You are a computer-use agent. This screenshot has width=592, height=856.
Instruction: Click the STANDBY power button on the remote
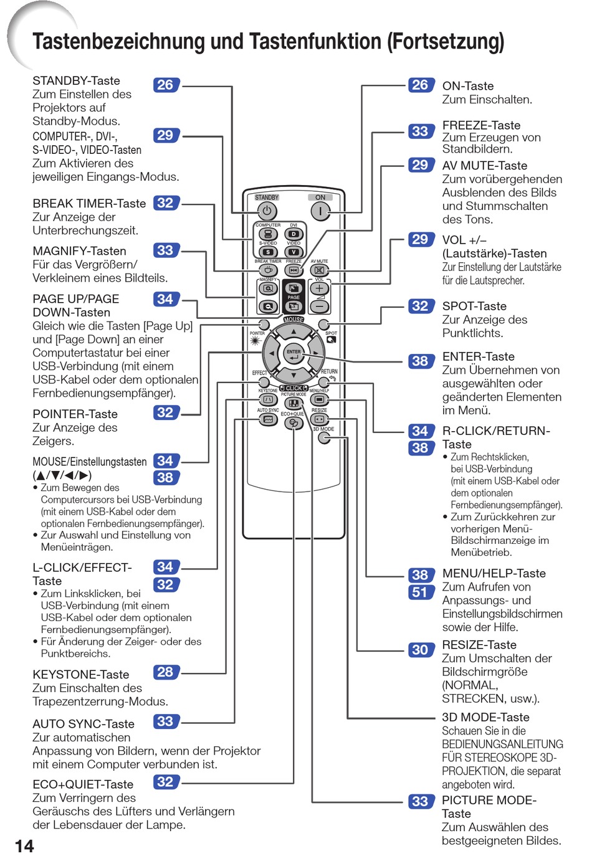click(267, 211)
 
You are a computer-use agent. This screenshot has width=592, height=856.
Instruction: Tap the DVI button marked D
click(294, 234)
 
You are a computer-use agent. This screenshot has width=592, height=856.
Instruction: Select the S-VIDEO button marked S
click(268, 252)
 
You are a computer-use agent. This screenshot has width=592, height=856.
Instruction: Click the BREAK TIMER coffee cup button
click(268, 270)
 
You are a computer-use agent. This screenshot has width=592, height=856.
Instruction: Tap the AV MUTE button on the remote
click(320, 270)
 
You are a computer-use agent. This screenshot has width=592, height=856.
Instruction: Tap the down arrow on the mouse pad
click(294, 376)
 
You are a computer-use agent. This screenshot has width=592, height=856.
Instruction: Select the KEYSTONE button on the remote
click(268, 399)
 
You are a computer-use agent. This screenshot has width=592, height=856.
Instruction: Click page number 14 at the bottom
click(24, 845)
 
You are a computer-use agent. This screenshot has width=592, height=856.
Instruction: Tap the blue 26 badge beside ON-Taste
click(421, 85)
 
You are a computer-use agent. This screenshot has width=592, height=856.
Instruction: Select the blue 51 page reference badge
click(420, 592)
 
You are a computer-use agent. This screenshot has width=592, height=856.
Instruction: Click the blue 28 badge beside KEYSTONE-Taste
click(166, 672)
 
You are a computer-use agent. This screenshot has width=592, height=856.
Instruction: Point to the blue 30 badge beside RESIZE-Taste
click(421, 650)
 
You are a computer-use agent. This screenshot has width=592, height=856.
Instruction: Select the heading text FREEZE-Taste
click(481, 125)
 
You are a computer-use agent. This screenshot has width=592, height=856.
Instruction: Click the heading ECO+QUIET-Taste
click(83, 784)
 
